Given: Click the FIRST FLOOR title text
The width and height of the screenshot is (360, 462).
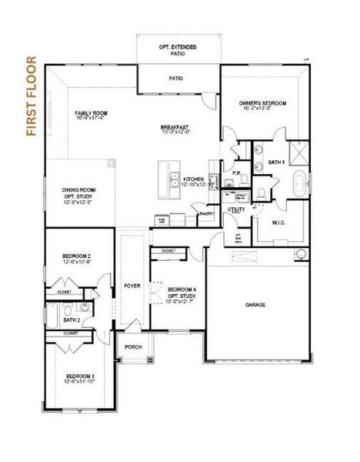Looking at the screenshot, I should tap(31, 95).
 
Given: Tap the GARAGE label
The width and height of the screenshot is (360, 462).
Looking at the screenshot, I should tap(256, 305).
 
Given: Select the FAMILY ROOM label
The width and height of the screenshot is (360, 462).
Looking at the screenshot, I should tap(90, 112).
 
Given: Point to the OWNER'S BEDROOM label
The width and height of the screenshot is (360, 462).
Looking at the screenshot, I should tap(262, 103).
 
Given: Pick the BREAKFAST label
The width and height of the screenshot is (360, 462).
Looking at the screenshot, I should tap(175, 127).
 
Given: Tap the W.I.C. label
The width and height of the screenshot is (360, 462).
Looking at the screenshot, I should tap(280, 223).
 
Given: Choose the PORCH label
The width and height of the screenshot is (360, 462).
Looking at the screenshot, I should tap(133, 347).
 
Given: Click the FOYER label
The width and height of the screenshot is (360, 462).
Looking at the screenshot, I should tap(132, 286).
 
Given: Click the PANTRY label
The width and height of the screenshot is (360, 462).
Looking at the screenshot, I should tap(205, 214).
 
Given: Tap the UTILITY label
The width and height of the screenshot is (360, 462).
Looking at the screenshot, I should tap(236, 209).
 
